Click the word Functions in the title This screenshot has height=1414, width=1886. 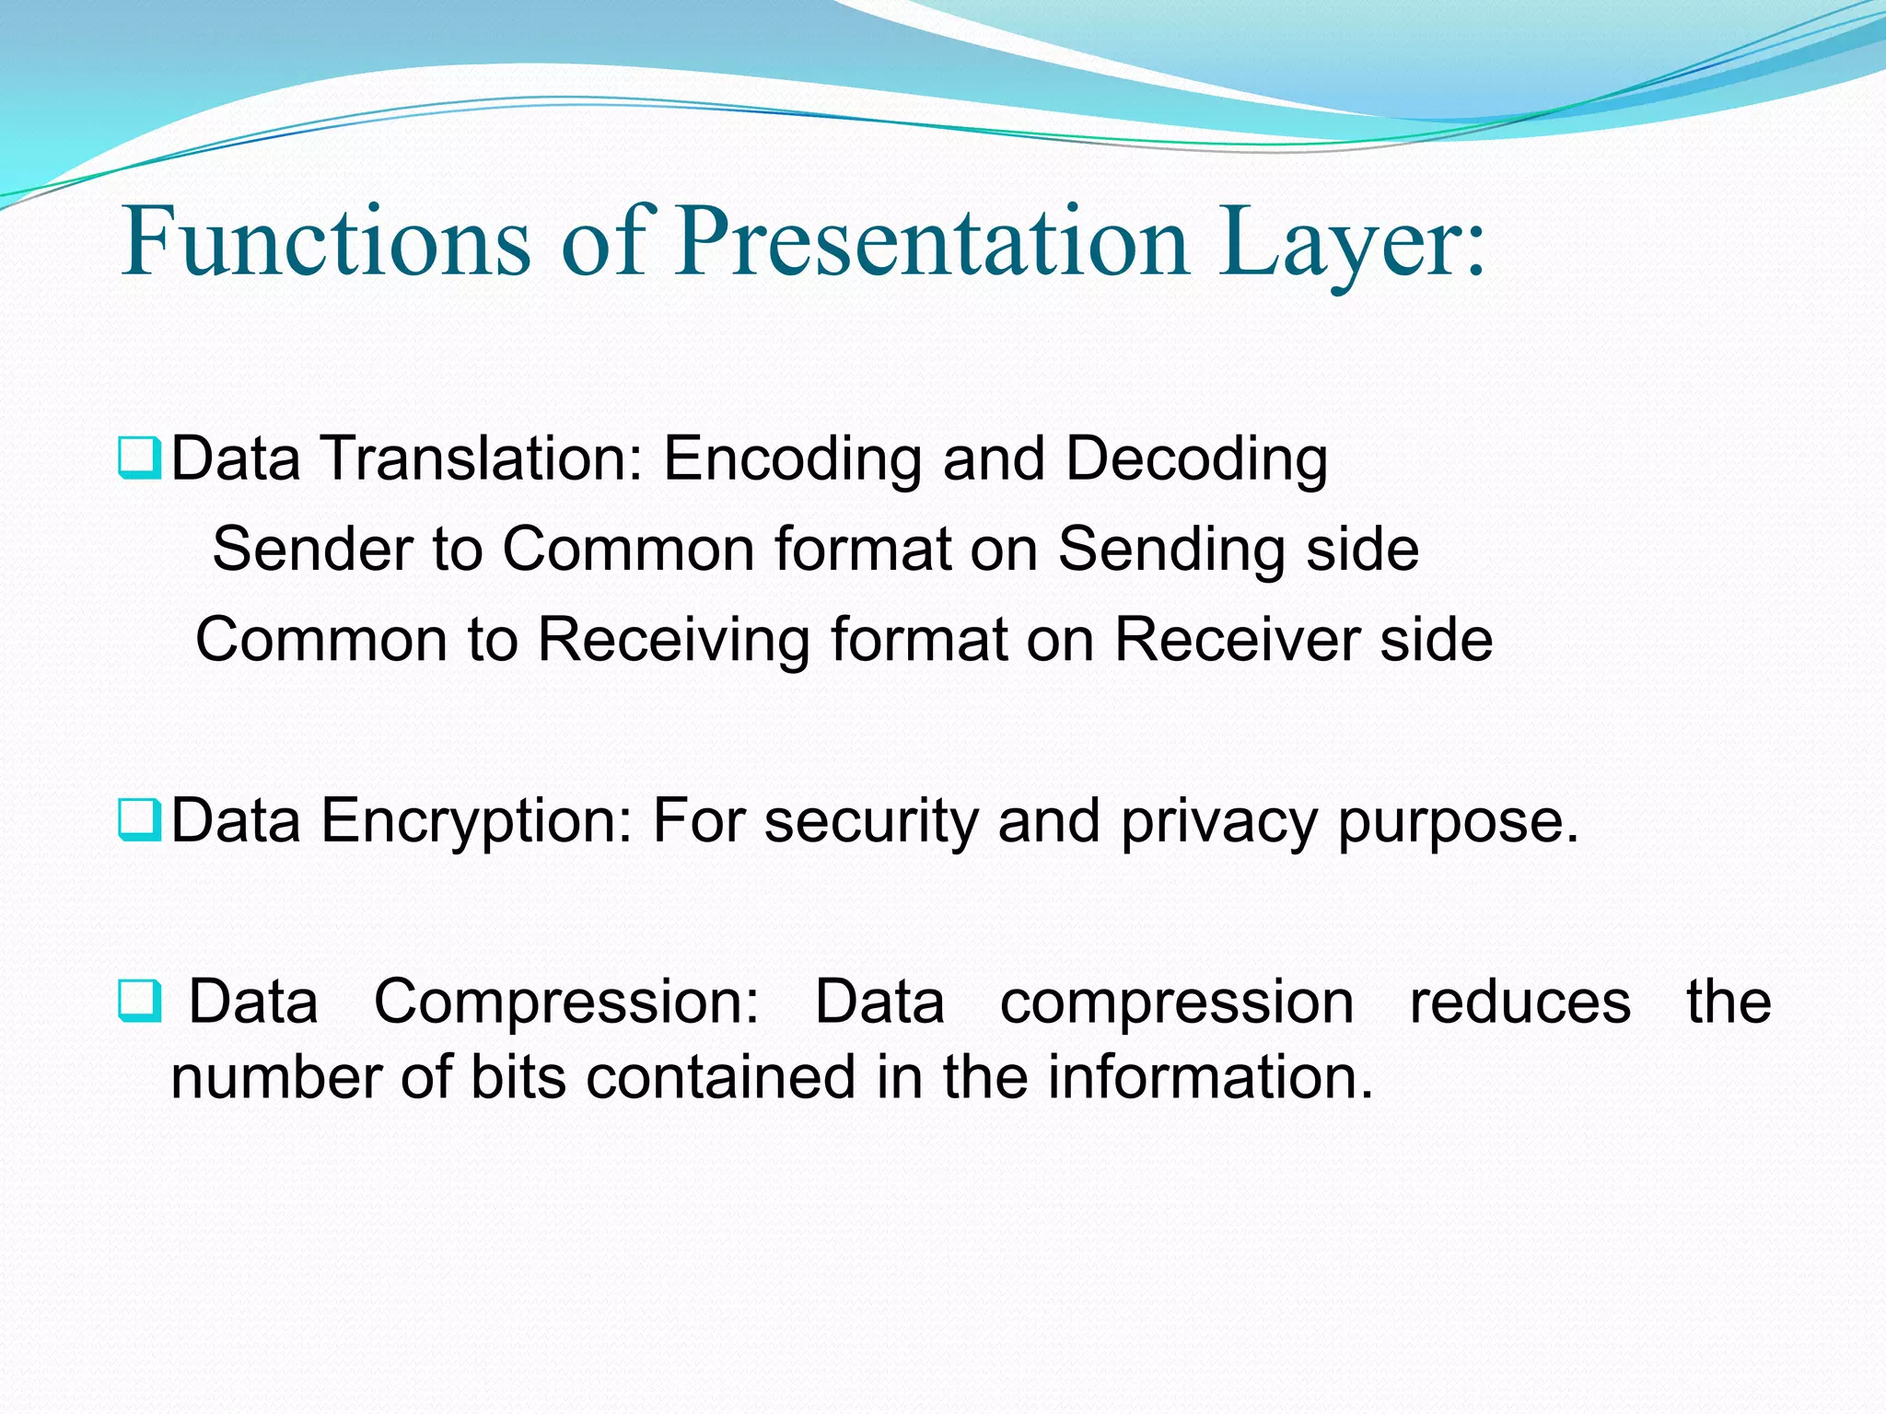pos(326,241)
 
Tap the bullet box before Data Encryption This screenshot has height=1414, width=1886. pos(140,820)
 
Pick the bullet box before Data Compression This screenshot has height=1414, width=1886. pos(140,1003)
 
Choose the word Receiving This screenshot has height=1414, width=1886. pos(673,640)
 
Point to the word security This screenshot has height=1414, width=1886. pos(871,820)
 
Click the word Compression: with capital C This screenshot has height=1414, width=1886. pos(566,1002)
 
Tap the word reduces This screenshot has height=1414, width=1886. pos(1520,1002)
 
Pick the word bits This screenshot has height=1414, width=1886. pos(518,1076)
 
